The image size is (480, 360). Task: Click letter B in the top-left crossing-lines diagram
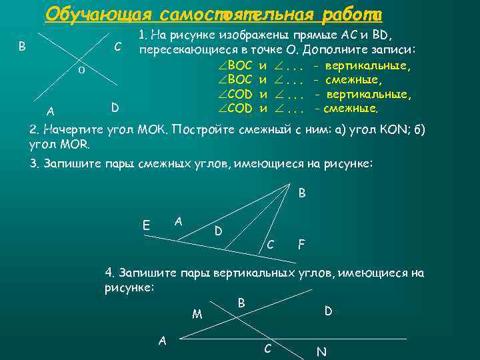coord(23,47)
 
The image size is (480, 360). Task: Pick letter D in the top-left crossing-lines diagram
coord(115,107)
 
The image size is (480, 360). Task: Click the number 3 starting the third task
coord(34,165)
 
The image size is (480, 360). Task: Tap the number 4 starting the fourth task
coord(110,273)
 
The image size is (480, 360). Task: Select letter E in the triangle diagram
coord(146,225)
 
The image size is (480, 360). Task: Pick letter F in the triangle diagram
coord(301,245)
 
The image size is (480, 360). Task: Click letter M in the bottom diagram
coord(197,314)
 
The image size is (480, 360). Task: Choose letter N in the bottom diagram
coord(321,351)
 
